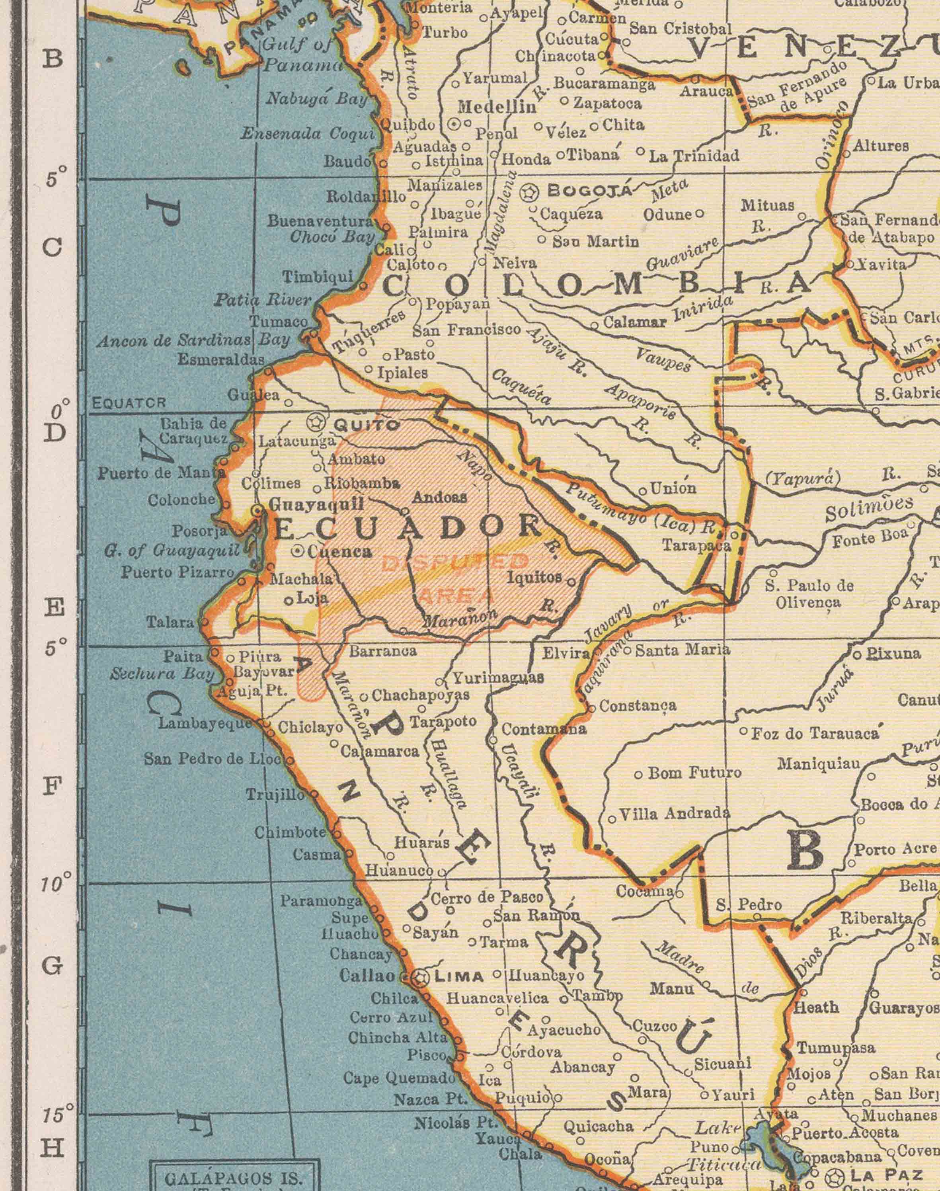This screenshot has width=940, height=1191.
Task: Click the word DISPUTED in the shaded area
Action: point(454,562)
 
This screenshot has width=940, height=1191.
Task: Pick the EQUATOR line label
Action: point(129,403)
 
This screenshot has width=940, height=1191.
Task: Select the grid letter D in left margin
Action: point(53,433)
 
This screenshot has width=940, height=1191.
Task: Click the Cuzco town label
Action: point(654,1026)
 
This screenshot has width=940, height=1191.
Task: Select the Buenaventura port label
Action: point(321,221)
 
